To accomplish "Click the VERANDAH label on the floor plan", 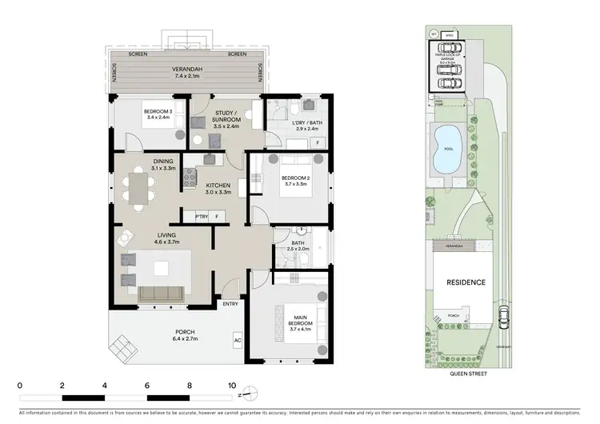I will pyautogui.click(x=186, y=70).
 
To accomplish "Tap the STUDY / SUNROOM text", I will pyautogui.click(x=227, y=117).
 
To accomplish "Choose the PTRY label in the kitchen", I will pyautogui.click(x=202, y=216).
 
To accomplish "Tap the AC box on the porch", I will pyautogui.click(x=237, y=340).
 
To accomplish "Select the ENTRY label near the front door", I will pyautogui.click(x=230, y=304).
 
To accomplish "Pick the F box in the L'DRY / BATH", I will pyautogui.click(x=318, y=143).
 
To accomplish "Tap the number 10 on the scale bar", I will pyautogui.click(x=232, y=385).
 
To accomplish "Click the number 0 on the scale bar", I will pyautogui.click(x=19, y=385).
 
